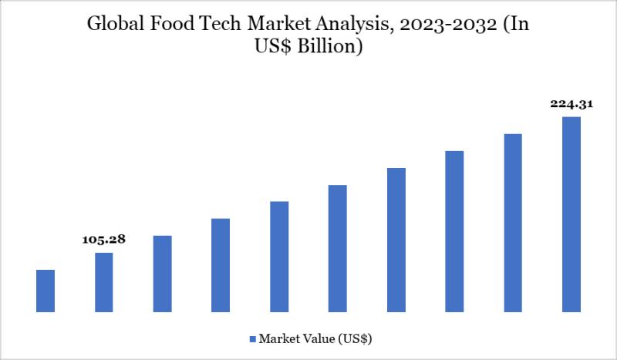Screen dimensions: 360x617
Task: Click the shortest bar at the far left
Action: (x=46, y=291)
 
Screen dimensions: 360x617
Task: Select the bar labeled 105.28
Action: (x=104, y=282)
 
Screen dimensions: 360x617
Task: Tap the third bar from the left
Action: (x=162, y=274)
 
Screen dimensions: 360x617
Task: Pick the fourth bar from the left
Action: (x=221, y=265)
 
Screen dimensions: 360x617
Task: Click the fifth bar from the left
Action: (x=279, y=257)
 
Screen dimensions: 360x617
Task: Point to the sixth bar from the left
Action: (x=338, y=248)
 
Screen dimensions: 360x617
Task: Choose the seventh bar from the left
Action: (x=396, y=240)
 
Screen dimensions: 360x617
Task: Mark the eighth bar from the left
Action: (x=454, y=231)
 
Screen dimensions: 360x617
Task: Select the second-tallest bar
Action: (x=513, y=223)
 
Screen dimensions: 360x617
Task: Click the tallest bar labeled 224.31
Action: (x=571, y=214)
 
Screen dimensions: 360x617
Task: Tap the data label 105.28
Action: (x=103, y=241)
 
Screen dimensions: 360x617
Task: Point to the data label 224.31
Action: (x=571, y=103)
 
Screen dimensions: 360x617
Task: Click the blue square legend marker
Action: (x=252, y=338)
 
